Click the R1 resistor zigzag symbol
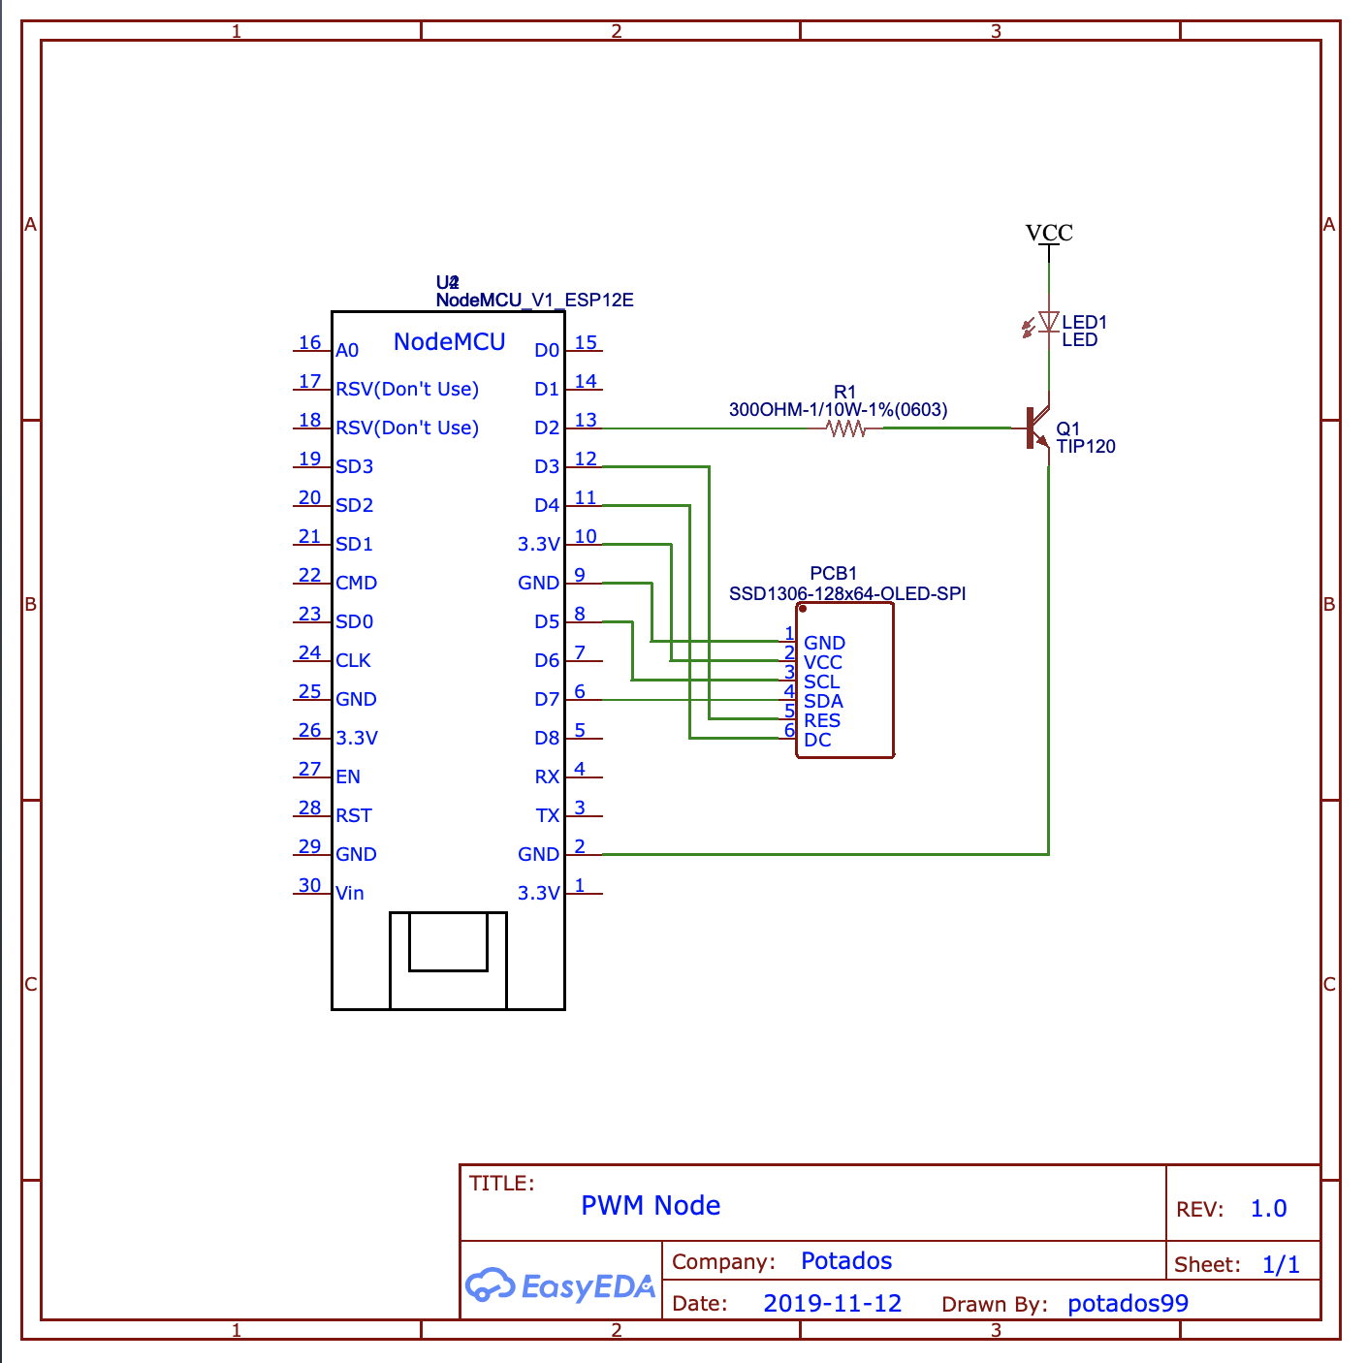[x=846, y=428]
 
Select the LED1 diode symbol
[x=1047, y=323]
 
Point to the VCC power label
[x=1049, y=233]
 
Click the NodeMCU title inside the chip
[x=449, y=342]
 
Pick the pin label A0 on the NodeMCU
[x=347, y=350]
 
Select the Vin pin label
[x=350, y=893]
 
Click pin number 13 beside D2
[x=586, y=420]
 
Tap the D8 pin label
[x=547, y=738]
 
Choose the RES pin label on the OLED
[x=822, y=720]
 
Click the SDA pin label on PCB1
[x=823, y=701]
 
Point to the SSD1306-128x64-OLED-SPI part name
[x=847, y=593]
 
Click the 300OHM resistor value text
[x=838, y=409]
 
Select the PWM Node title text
[x=651, y=1205]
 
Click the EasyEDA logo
[x=559, y=1285]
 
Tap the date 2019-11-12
[x=832, y=1303]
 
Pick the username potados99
[x=1128, y=1303]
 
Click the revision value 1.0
[x=1268, y=1209]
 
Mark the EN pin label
[x=348, y=777]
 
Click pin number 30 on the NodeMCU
[x=309, y=885]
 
